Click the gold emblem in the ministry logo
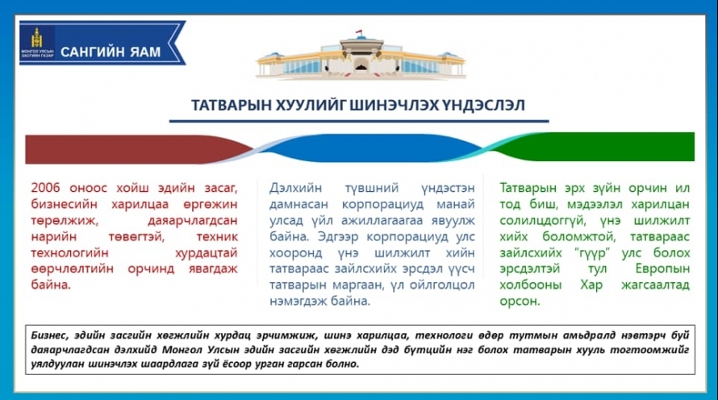coord(36,37)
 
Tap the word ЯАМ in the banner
coord(145,52)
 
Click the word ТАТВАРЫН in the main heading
coord(232,106)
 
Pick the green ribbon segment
coord(595,147)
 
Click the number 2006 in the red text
coord(45,188)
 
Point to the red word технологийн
coord(69,252)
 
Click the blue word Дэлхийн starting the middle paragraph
coord(295,188)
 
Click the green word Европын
coord(662,269)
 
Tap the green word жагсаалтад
coord(655,285)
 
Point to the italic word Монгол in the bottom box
coord(182,350)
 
